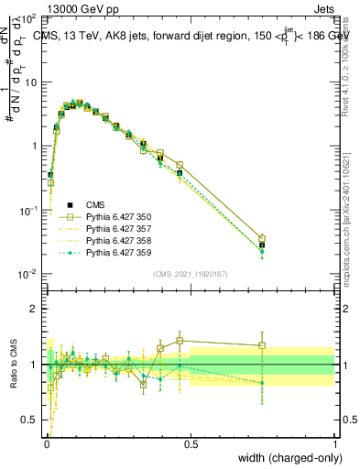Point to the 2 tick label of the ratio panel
coord(36,309)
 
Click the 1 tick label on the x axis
coord(334,442)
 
